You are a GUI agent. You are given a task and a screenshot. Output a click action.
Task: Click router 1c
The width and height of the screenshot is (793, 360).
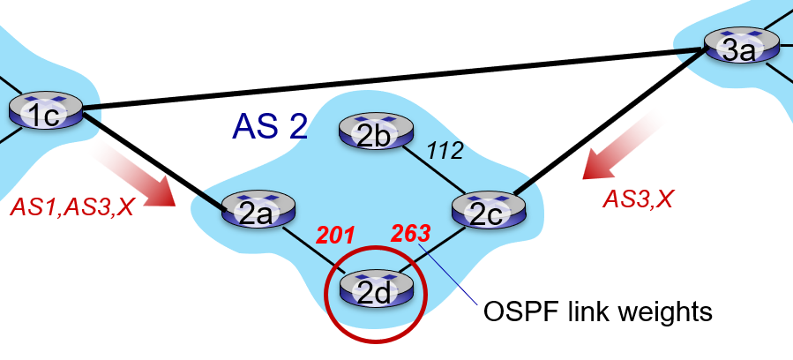pyautogui.click(x=46, y=111)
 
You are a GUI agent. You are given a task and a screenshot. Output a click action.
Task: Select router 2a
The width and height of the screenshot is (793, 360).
pyautogui.click(x=258, y=210)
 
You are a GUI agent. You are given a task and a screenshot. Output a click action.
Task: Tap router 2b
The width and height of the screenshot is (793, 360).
pyautogui.click(x=376, y=131)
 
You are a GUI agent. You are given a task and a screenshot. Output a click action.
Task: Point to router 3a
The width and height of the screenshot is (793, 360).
pyautogui.click(x=742, y=46)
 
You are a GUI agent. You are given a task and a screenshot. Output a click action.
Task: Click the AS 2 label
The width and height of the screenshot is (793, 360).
pyautogui.click(x=270, y=126)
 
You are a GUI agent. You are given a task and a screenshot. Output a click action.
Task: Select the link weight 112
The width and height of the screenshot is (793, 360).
pyautogui.click(x=445, y=151)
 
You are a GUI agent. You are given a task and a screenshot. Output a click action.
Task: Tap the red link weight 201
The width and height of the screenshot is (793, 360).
pyautogui.click(x=335, y=235)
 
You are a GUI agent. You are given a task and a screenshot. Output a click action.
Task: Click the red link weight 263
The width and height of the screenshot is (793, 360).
pyautogui.click(x=411, y=234)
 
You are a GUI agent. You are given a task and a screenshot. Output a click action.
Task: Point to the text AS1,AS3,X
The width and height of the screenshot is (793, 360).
pyautogui.click(x=71, y=206)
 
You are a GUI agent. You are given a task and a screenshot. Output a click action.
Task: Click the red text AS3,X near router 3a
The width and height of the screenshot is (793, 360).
pyautogui.click(x=639, y=199)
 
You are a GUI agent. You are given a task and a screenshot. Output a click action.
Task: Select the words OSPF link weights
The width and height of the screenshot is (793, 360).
pyautogui.click(x=598, y=311)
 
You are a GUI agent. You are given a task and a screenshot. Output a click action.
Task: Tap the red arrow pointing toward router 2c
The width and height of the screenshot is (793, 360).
pyautogui.click(x=622, y=146)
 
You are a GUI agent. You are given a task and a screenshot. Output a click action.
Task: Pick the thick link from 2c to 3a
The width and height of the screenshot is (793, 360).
pyautogui.click(x=610, y=122)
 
